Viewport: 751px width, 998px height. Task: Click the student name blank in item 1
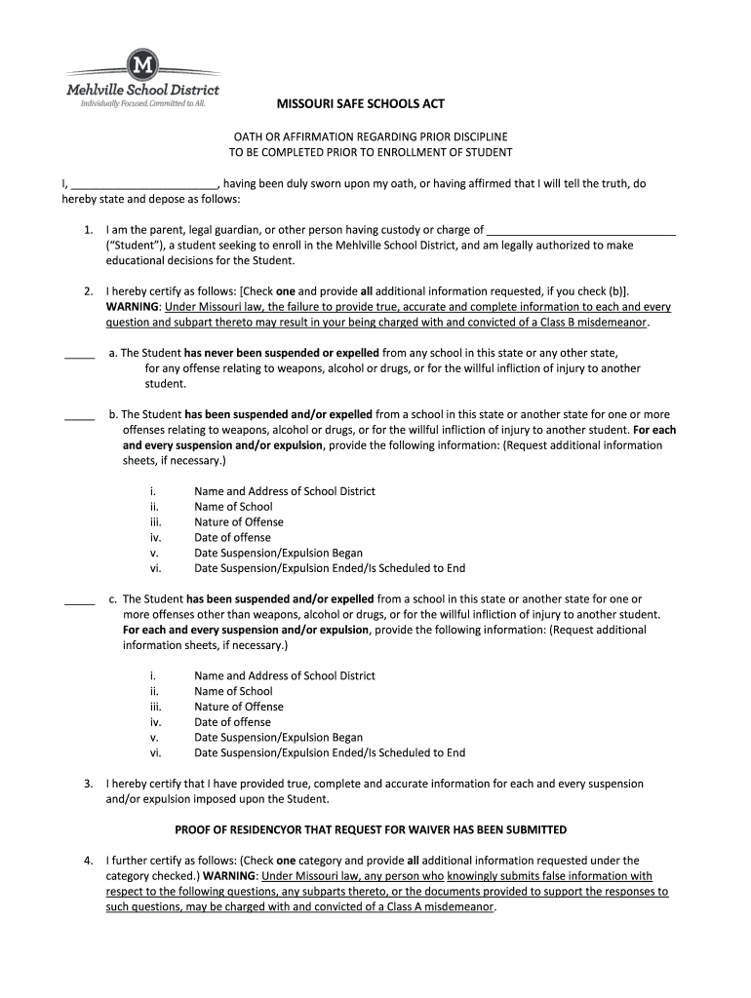[580, 230]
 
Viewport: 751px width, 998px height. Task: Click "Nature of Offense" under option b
[239, 522]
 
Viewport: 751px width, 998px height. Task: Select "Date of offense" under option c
[232, 722]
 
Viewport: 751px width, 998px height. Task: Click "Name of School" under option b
[233, 507]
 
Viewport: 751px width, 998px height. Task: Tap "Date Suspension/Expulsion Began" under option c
[278, 738]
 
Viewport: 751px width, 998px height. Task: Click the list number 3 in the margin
[88, 784]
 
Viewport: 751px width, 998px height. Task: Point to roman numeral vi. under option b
[155, 568]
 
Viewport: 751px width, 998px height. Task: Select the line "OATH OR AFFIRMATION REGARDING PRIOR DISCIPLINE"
[370, 137]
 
